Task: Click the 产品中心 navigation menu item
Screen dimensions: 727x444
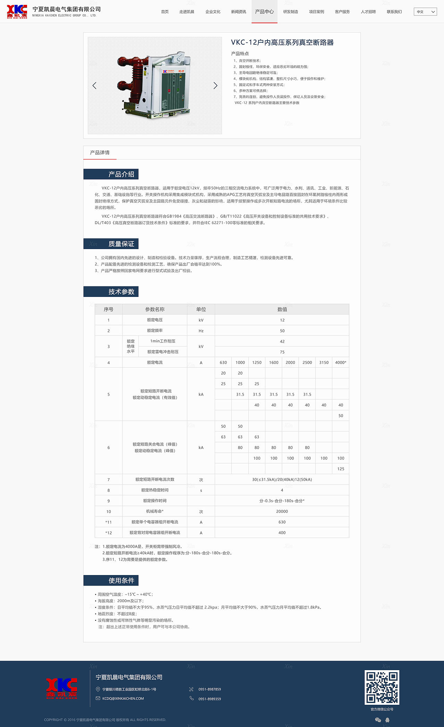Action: pos(264,12)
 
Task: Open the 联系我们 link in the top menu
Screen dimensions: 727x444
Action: pos(394,12)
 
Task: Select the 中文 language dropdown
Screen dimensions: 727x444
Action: pos(425,12)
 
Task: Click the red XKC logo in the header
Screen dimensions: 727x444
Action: pos(17,11)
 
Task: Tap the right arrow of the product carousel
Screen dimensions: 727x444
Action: pos(215,86)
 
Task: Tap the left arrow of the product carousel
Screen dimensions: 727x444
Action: pos(94,86)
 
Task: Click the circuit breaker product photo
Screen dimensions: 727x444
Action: pos(155,85)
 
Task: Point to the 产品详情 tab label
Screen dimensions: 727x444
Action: pos(100,153)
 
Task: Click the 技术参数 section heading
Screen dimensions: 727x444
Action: pos(121,292)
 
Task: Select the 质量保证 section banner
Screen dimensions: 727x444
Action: pos(121,244)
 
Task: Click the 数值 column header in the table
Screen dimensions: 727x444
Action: pos(282,309)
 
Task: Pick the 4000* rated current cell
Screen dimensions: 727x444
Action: pos(341,362)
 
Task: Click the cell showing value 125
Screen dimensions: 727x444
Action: pos(341,469)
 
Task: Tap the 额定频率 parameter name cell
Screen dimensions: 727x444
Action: pos(155,331)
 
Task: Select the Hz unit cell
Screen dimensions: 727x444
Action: pos(201,331)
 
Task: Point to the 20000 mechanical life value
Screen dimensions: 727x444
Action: pos(282,512)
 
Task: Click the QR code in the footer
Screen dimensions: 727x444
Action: pos(382,687)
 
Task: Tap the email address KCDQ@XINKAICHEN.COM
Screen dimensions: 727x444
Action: pos(123,699)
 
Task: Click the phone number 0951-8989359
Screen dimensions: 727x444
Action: pos(210,699)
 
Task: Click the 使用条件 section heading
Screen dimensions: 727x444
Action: pos(121,580)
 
